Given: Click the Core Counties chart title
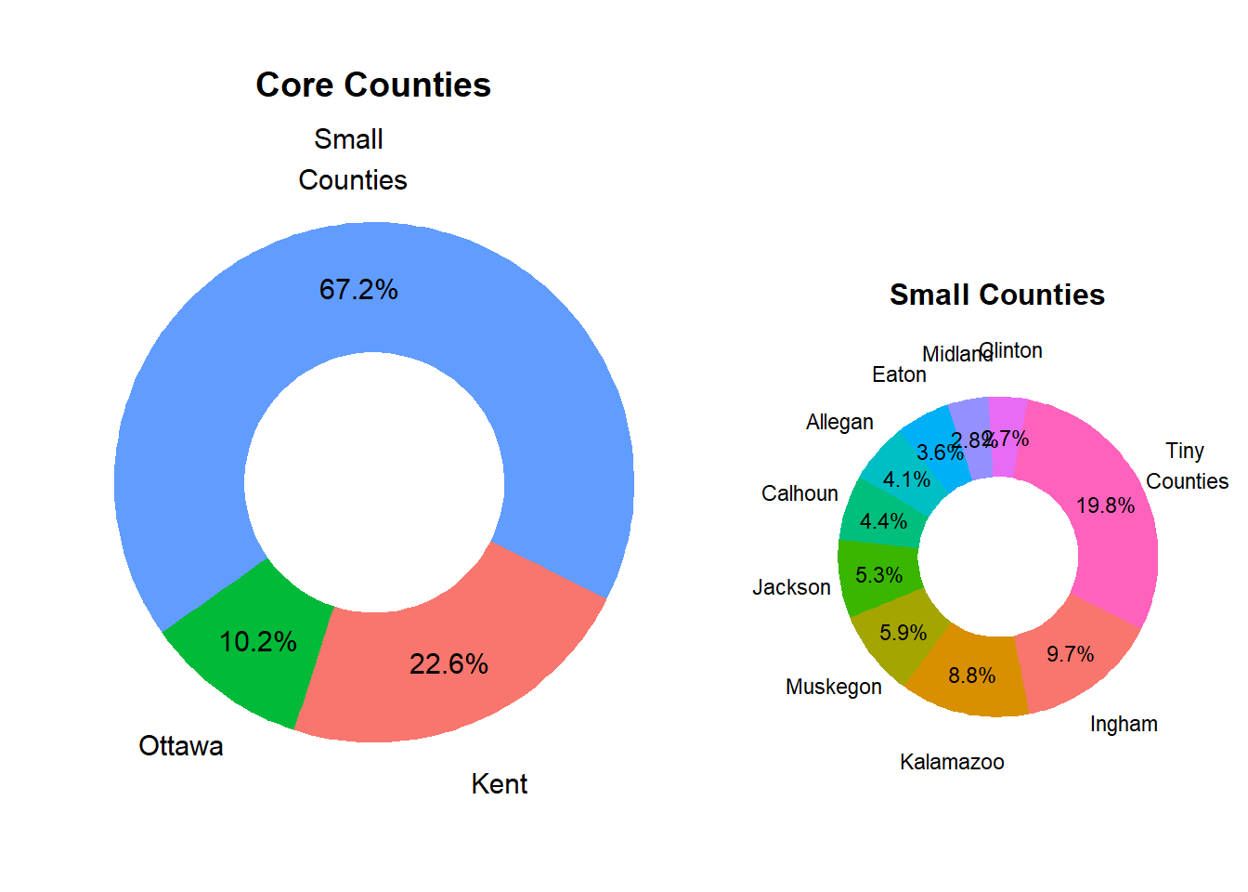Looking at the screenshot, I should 372,85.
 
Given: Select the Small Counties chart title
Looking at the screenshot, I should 996,295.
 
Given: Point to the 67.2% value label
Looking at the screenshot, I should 358,290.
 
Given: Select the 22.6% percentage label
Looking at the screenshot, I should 448,664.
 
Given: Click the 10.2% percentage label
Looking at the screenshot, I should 258,642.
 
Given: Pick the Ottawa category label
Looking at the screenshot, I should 181,746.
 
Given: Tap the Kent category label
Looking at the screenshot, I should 500,784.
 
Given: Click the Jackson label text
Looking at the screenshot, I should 791,587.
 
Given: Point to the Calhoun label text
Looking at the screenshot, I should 799,493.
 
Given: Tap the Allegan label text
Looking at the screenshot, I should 839,422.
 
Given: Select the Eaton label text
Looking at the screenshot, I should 899,374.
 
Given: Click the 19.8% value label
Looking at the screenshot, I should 1105,505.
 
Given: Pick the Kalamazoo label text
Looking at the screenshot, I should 952,762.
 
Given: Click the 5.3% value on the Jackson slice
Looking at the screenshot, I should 878,575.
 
